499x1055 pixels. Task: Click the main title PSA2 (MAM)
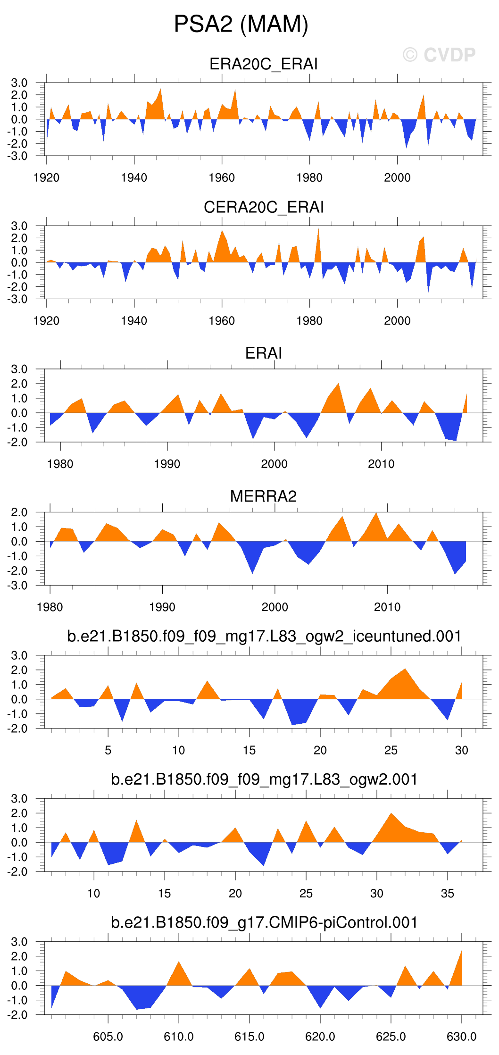pyautogui.click(x=241, y=24)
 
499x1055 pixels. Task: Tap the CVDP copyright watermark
pyautogui.click(x=439, y=55)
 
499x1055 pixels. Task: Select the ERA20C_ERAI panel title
pyautogui.click(x=263, y=64)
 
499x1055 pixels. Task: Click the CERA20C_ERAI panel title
pyautogui.click(x=263, y=207)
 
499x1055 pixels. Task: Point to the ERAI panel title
pyautogui.click(x=263, y=353)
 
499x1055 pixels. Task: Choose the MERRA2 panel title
pyautogui.click(x=263, y=496)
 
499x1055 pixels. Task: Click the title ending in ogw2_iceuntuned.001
pyautogui.click(x=264, y=636)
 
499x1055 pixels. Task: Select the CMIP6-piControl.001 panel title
pyautogui.click(x=264, y=922)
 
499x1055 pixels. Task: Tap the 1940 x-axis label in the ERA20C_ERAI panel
pyautogui.click(x=134, y=178)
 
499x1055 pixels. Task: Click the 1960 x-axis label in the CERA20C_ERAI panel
pyautogui.click(x=222, y=321)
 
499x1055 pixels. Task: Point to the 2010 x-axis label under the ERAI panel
pyautogui.click(x=381, y=464)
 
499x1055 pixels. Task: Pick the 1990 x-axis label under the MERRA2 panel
pyautogui.click(x=162, y=607)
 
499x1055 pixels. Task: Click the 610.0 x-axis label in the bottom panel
pyautogui.click(x=179, y=1037)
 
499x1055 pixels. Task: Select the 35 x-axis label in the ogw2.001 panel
pyautogui.click(x=447, y=893)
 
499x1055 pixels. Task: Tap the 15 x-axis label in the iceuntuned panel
pyautogui.click(x=249, y=750)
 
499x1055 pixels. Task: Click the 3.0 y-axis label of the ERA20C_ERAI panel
pyautogui.click(x=19, y=83)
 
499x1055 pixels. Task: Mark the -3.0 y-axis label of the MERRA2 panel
pyautogui.click(x=17, y=585)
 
